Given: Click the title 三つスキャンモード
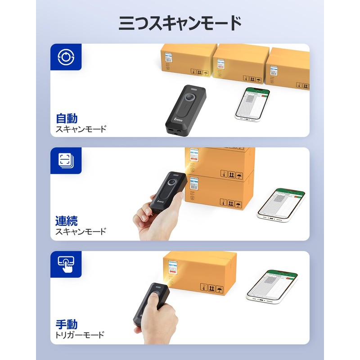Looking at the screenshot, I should pos(180,22).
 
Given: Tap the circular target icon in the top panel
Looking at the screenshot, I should pos(66,57).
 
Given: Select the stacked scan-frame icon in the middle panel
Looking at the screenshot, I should pos(66,161).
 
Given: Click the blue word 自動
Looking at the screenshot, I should pos(67,119).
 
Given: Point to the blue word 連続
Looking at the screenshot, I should pos(67,221).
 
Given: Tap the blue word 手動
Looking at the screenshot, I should pos(67,324).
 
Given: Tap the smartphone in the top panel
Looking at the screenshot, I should pos(252,103).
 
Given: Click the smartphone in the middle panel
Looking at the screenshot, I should pos(282,203).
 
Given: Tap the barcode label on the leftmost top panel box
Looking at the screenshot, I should pos(168,59).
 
